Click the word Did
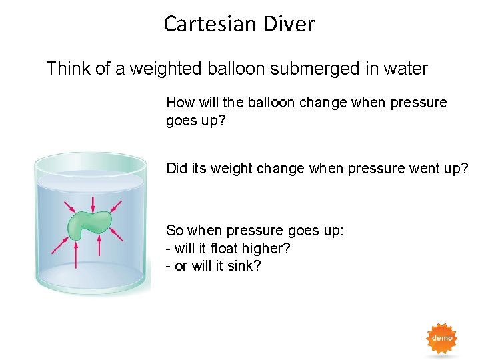(177, 169)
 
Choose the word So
(175, 231)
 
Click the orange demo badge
(442, 339)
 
